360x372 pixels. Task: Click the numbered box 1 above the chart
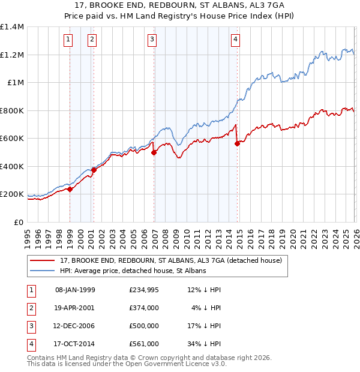tap(68, 40)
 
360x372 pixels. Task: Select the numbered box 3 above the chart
tap(152, 40)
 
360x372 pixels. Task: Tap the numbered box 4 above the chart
tap(236, 40)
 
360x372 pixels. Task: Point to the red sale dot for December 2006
tap(154, 152)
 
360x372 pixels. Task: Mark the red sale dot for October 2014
tap(238, 143)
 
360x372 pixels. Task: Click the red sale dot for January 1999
tap(70, 189)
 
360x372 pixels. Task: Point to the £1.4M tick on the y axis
tap(12, 27)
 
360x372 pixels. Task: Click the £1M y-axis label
tap(15, 83)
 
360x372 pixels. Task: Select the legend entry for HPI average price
tap(133, 271)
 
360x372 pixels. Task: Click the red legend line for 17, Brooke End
tap(42, 260)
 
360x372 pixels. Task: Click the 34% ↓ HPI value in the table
tap(203, 344)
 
